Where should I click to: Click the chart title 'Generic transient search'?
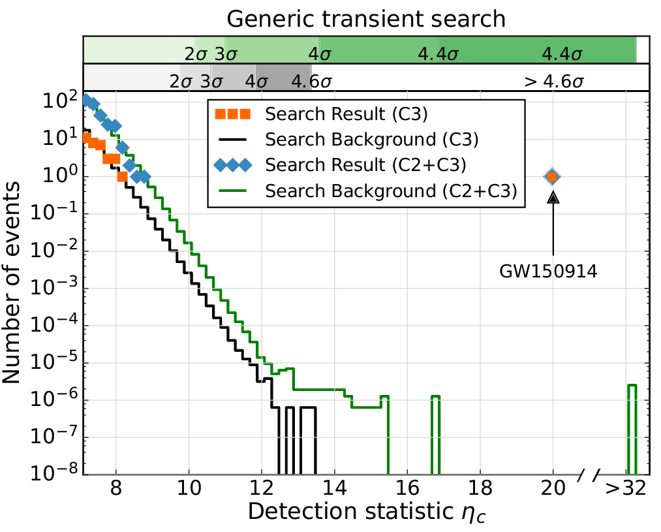click(366, 19)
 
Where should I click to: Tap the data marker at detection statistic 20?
click(553, 176)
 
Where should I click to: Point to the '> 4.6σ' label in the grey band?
click(553, 82)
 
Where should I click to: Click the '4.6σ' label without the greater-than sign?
click(312, 82)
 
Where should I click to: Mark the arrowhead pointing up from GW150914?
click(553, 197)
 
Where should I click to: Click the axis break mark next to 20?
click(589, 474)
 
